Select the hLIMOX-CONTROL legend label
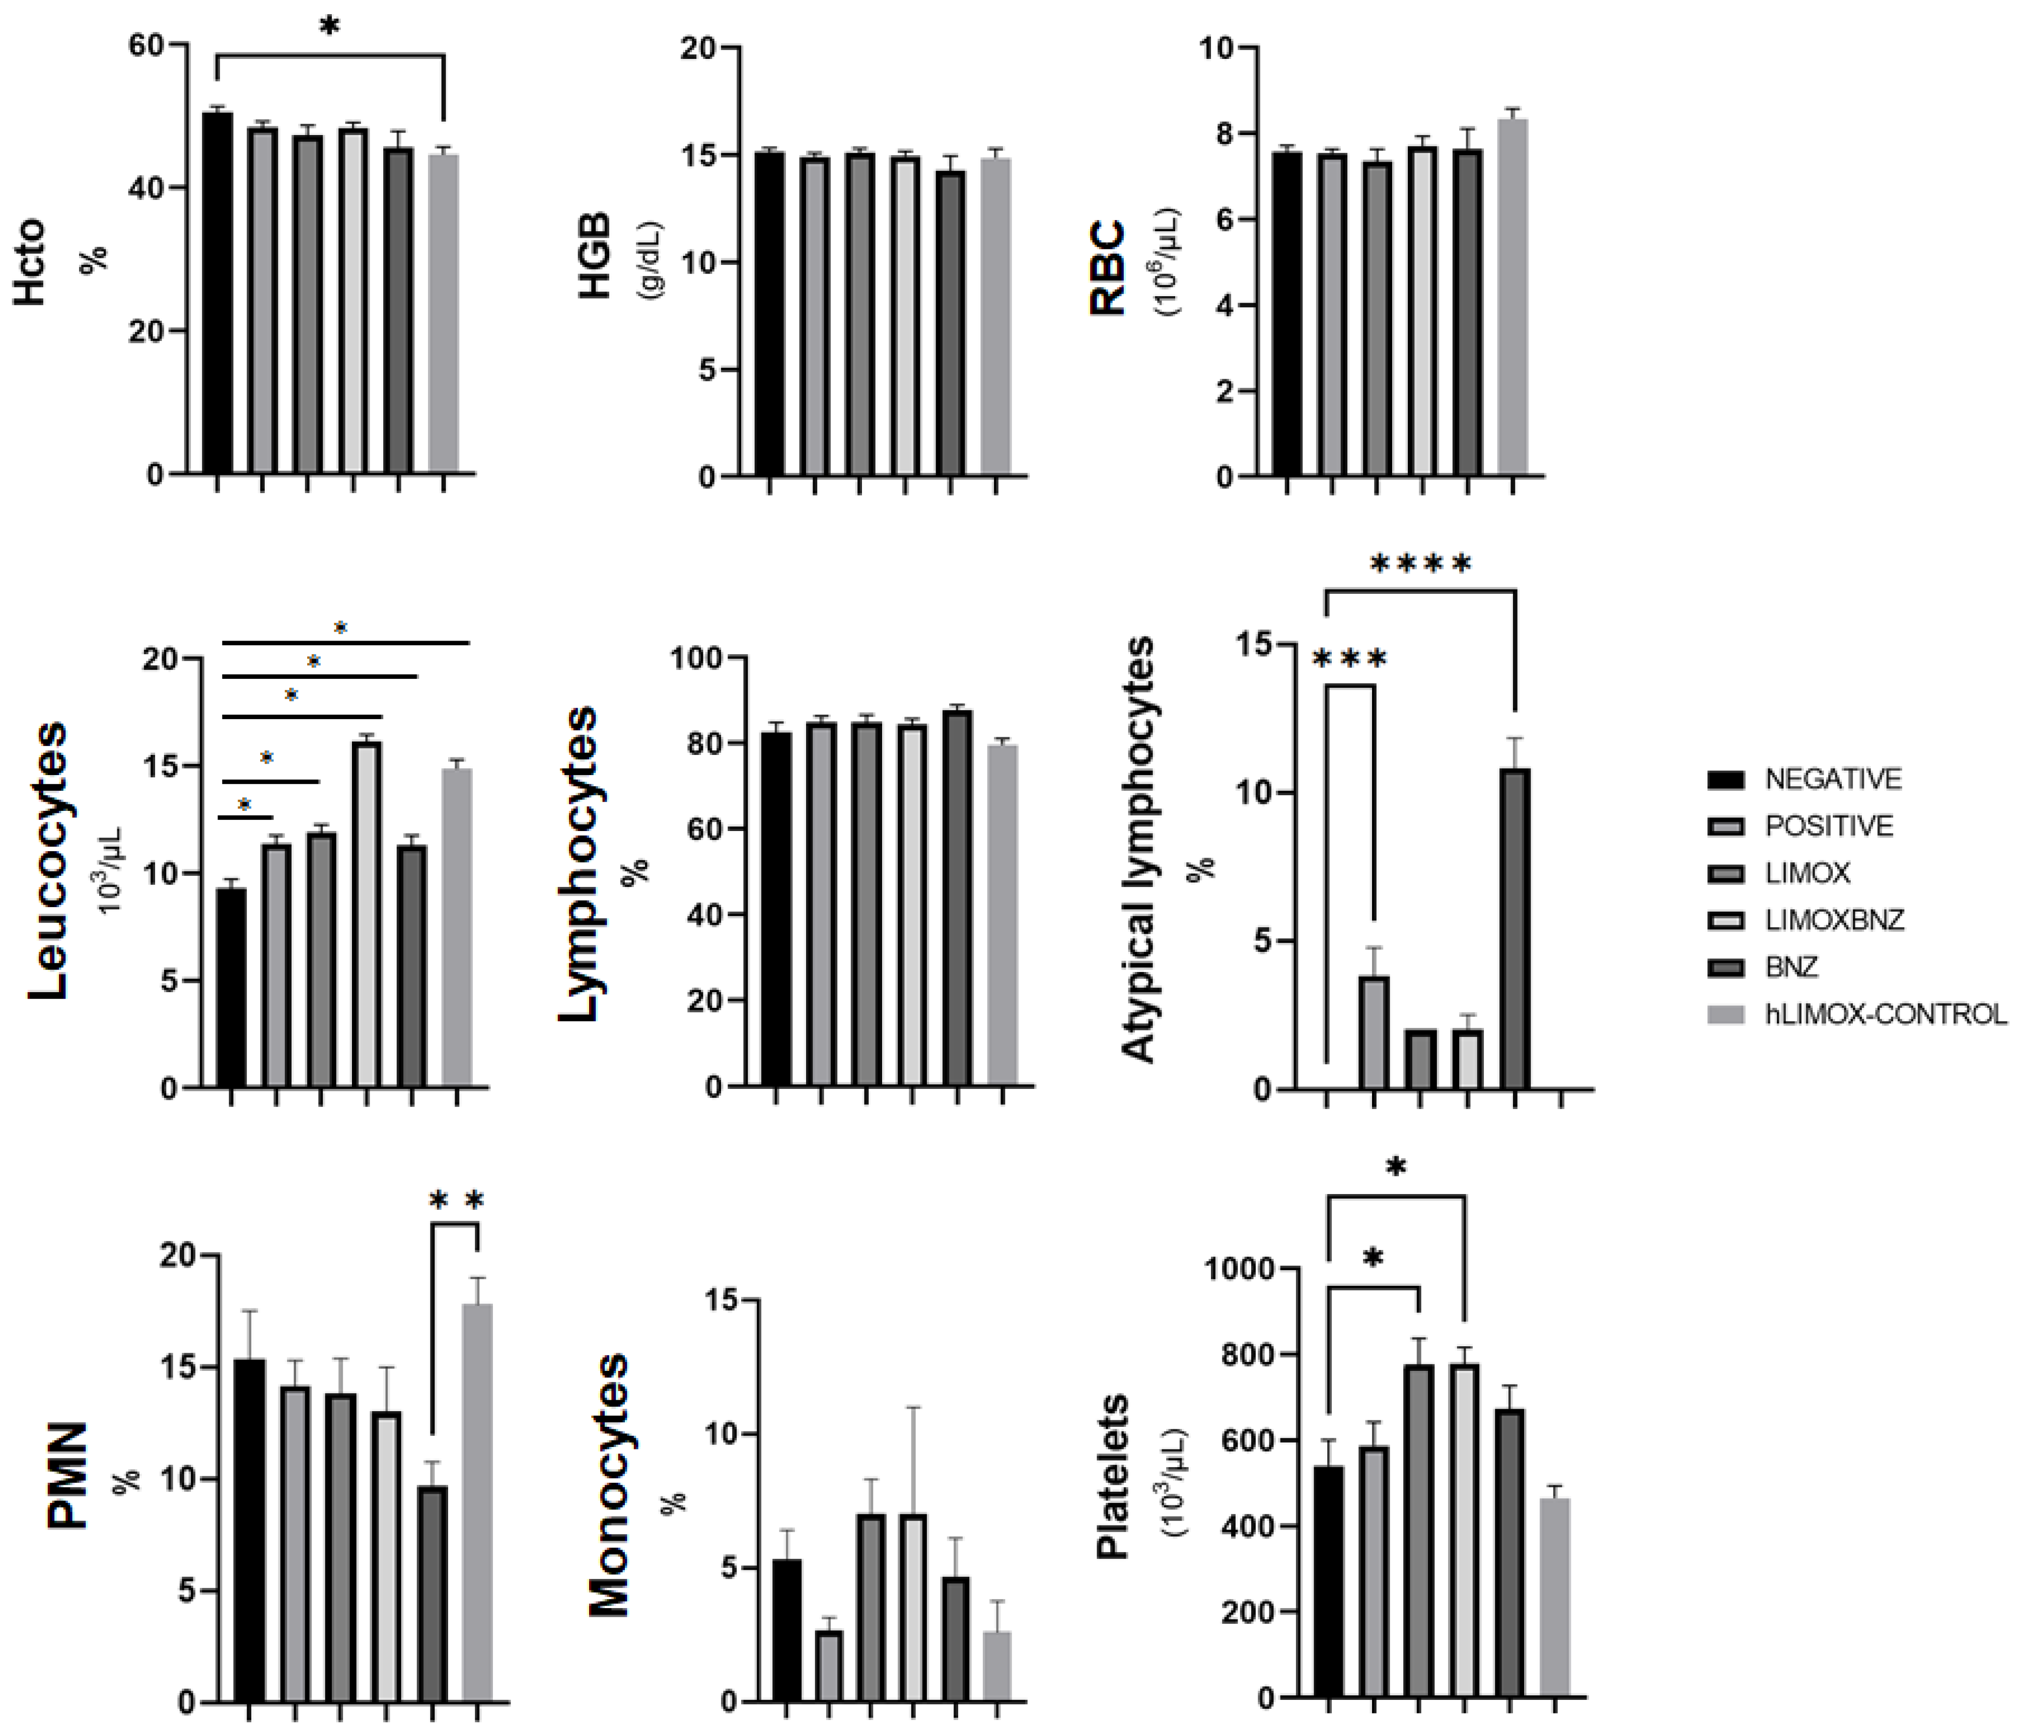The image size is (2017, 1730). click(1886, 1014)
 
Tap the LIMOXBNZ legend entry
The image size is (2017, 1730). click(1834, 920)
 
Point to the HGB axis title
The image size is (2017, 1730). click(595, 255)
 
